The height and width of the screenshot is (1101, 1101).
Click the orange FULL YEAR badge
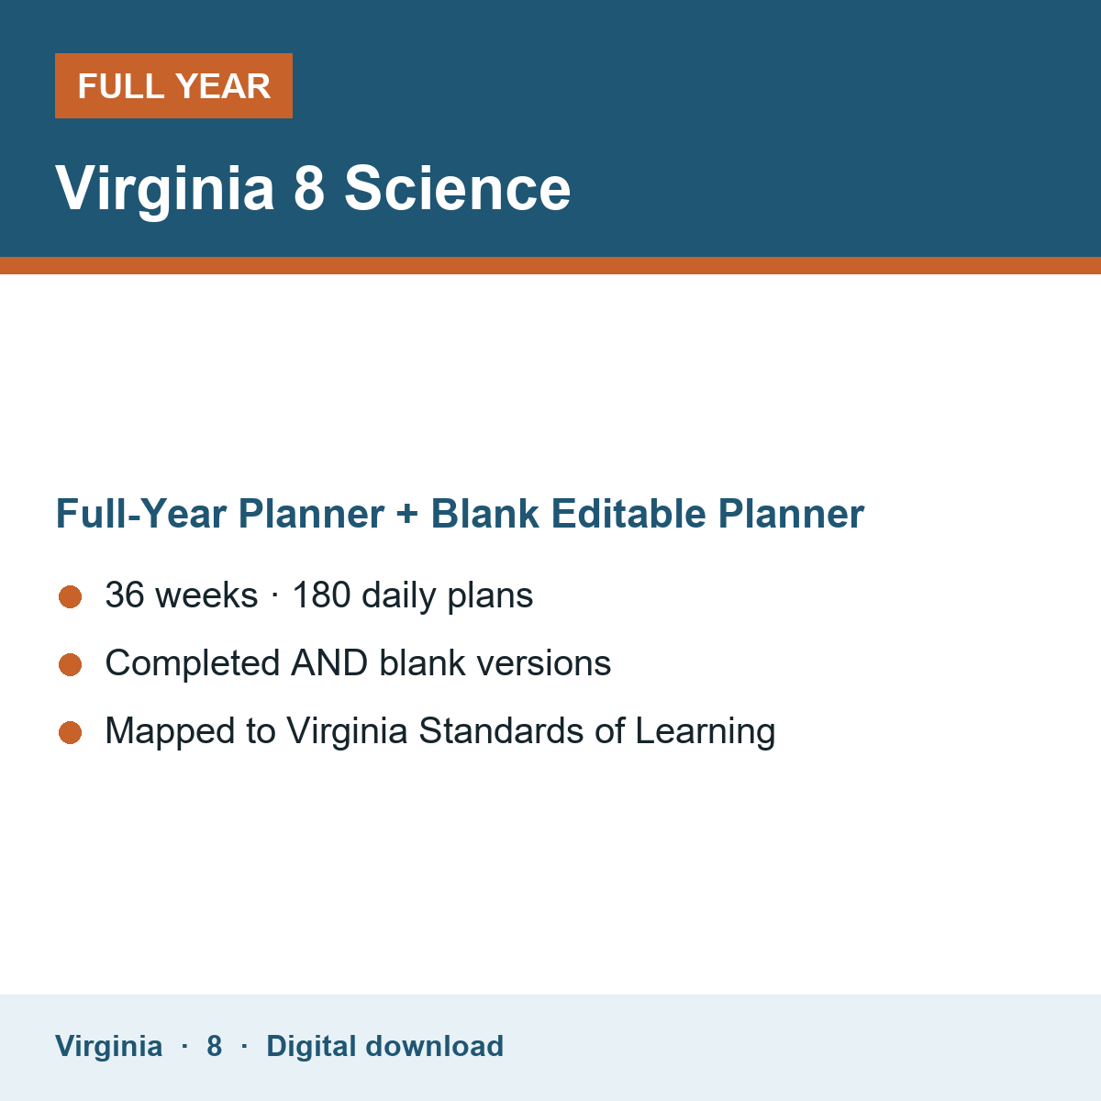[x=173, y=85]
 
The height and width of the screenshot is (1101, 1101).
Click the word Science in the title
[x=457, y=189]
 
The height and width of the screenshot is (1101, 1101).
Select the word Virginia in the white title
[x=164, y=190]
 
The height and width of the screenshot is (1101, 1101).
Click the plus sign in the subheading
[x=407, y=514]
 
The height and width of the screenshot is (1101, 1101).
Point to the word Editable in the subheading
[x=628, y=514]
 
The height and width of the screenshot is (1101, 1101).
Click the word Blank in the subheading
[x=484, y=514]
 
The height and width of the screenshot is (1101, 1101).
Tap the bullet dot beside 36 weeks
[x=71, y=597]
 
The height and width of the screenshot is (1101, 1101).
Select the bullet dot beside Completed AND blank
[x=71, y=665]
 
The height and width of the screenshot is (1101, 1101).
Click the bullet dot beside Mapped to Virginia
[x=71, y=733]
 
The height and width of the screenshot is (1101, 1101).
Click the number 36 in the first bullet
[x=125, y=595]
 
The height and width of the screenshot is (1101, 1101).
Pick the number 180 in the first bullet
[x=321, y=595]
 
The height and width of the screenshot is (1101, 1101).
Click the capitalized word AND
[x=329, y=662]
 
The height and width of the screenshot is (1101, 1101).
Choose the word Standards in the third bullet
[x=501, y=730]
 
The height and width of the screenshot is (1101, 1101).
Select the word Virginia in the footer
[x=108, y=1047]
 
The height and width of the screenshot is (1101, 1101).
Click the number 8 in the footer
[x=215, y=1047]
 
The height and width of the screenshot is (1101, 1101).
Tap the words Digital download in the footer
[x=384, y=1047]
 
